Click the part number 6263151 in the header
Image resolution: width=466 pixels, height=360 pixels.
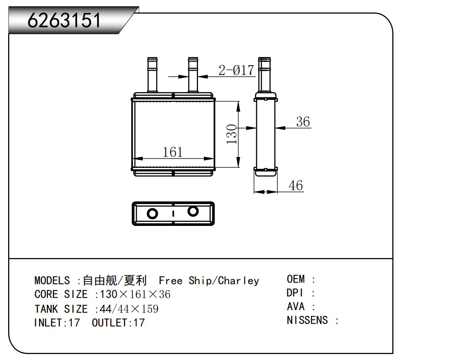pyautogui.click(x=64, y=20)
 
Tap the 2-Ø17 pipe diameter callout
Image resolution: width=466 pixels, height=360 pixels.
pyautogui.click(x=236, y=70)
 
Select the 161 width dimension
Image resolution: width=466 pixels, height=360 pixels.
pyautogui.click(x=173, y=152)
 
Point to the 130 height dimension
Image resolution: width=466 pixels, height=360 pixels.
pyautogui.click(x=232, y=134)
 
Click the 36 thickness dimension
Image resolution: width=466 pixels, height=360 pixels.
pyautogui.click(x=303, y=121)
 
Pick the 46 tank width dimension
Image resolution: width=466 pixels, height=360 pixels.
pyautogui.click(x=296, y=185)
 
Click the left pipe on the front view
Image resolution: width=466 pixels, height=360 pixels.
pyautogui.click(x=152, y=75)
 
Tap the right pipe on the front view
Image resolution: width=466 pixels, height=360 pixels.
pyautogui.click(x=193, y=75)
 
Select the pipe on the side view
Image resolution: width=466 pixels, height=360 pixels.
pyautogui.click(x=264, y=75)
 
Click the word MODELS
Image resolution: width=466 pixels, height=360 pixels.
pyautogui.click(x=52, y=280)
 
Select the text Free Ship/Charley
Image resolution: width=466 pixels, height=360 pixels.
pyautogui.click(x=209, y=281)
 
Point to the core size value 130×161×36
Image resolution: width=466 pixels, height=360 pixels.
pyautogui.click(x=135, y=294)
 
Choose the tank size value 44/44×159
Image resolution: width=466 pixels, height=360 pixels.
pyautogui.click(x=129, y=309)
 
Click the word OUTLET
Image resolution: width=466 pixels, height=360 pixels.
pyautogui.click(x=110, y=323)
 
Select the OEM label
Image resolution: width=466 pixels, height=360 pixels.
pyautogui.click(x=296, y=279)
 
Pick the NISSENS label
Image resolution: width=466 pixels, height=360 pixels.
pyautogui.click(x=307, y=320)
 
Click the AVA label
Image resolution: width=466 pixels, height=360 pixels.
pyautogui.click(x=296, y=306)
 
